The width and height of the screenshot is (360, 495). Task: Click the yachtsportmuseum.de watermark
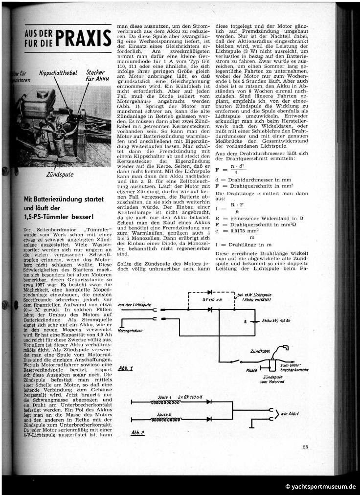click(320, 486)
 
